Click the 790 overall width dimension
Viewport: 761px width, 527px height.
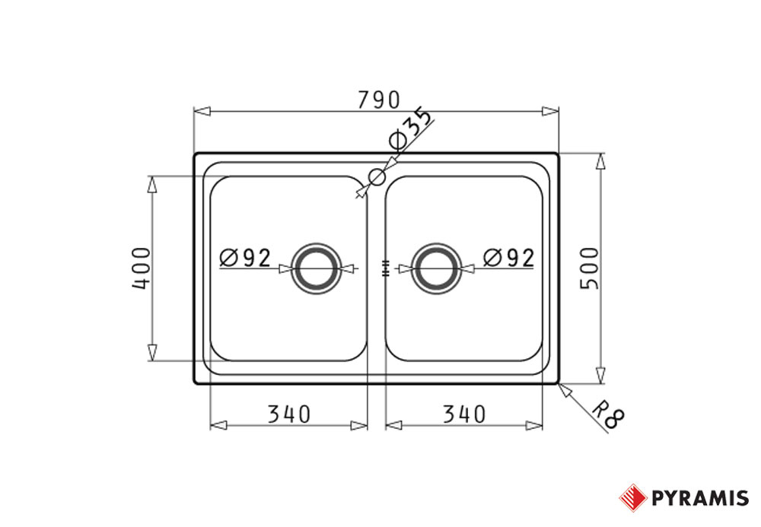point(379,100)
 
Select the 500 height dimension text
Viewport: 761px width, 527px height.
point(591,268)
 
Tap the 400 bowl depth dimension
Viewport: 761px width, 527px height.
point(142,268)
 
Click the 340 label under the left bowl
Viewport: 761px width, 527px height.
point(288,414)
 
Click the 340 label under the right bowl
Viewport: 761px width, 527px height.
point(464,414)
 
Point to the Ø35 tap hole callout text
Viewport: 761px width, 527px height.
point(410,129)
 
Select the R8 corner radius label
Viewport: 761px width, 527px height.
point(608,414)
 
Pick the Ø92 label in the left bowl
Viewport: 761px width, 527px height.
point(245,258)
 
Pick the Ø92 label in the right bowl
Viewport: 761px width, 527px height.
point(508,258)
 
